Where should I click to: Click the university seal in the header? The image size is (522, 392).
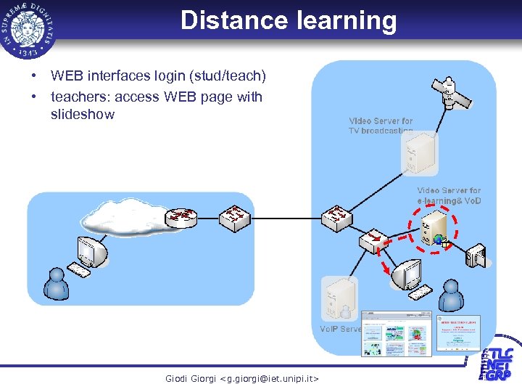pos(29,28)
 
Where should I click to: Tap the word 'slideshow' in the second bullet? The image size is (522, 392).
pos(83,115)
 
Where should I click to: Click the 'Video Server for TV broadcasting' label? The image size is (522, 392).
pos(381,126)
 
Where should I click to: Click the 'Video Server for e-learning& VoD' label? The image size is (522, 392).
pos(449,195)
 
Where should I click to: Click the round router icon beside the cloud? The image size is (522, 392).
pos(181,216)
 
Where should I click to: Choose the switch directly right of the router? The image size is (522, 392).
pos(235,217)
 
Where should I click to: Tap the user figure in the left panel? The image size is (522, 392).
pos(56,284)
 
